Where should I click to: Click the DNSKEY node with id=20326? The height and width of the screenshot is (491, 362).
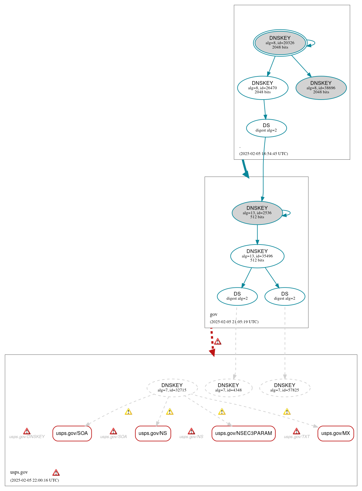[x=280, y=43]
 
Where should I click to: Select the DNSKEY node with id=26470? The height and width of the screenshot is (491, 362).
[x=263, y=88]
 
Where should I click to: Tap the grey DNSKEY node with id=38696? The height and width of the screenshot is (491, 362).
[x=321, y=88]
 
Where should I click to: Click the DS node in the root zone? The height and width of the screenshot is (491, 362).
[x=266, y=128]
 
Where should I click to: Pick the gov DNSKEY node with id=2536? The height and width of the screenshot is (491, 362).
[x=257, y=213]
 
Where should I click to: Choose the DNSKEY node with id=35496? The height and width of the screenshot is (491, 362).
[x=257, y=256]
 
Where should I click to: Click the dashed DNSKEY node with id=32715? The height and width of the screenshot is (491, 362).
[x=172, y=388]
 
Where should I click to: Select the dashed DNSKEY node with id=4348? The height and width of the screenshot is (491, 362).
[x=228, y=388]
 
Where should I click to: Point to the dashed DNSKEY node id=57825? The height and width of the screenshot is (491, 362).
[x=285, y=388]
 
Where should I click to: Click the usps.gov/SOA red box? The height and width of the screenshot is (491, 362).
[x=72, y=433]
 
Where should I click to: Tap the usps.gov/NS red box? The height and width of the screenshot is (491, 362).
[x=153, y=433]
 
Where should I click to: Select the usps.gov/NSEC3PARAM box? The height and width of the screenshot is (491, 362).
[x=243, y=433]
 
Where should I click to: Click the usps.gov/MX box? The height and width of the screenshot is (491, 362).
[x=335, y=433]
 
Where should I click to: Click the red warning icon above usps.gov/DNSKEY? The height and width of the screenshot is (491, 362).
[x=27, y=431]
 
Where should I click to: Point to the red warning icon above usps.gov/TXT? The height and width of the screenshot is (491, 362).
[x=297, y=431]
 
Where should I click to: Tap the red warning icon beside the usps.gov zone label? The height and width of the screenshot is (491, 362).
[x=56, y=473]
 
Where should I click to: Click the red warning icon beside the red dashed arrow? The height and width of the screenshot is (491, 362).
[x=218, y=341]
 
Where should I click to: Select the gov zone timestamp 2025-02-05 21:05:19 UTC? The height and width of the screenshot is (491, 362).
[x=234, y=322]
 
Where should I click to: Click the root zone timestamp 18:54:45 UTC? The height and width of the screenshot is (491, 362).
[x=263, y=153]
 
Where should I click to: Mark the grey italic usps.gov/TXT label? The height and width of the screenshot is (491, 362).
[x=297, y=437]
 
